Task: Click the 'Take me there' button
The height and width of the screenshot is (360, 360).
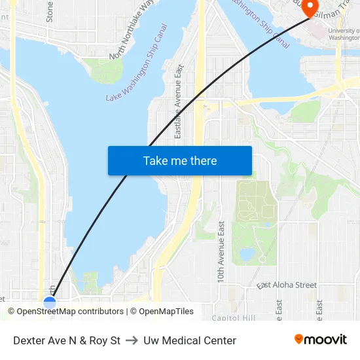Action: click(180, 160)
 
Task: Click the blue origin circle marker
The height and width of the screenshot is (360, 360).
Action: click(50, 302)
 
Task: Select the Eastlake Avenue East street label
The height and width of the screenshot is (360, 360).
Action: click(178, 101)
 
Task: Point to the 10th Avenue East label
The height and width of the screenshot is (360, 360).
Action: click(221, 251)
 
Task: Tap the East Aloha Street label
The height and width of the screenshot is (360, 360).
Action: click(287, 285)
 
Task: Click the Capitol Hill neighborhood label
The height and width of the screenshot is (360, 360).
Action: click(234, 318)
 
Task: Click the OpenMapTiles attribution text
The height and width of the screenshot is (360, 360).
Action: click(166, 312)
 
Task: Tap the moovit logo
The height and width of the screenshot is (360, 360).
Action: click(321, 339)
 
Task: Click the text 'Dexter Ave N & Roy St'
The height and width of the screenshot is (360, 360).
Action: click(67, 340)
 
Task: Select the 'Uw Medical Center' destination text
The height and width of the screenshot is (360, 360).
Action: click(190, 340)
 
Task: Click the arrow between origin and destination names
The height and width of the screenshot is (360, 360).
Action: click(132, 340)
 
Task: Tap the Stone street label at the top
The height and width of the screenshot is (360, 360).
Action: click(50, 11)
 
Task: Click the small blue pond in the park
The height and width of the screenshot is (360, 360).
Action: click(247, 253)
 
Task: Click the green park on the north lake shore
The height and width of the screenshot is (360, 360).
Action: click(106, 71)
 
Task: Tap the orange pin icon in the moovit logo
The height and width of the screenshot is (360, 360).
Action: click(299, 339)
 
